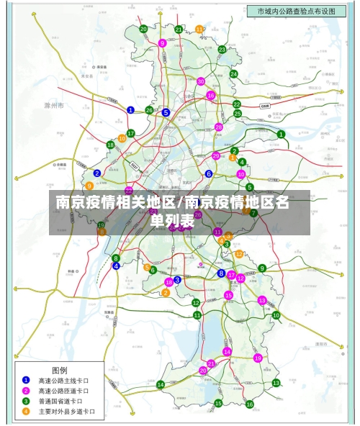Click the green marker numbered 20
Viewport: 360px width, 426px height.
[144, 29]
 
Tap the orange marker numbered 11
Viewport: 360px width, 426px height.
[199, 29]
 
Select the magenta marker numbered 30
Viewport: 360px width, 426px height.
[201, 81]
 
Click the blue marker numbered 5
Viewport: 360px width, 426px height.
[166, 112]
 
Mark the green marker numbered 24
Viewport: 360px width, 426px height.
[233, 73]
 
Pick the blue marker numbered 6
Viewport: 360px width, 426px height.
[209, 173]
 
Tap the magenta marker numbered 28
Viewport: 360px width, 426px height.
[219, 127]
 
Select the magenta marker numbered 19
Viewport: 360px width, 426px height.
[257, 358]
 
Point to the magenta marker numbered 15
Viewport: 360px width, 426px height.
[228, 295]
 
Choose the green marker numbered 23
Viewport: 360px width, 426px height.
[222, 50]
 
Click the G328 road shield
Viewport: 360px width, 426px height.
[265, 105]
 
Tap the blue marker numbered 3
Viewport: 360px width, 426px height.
[177, 279]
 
